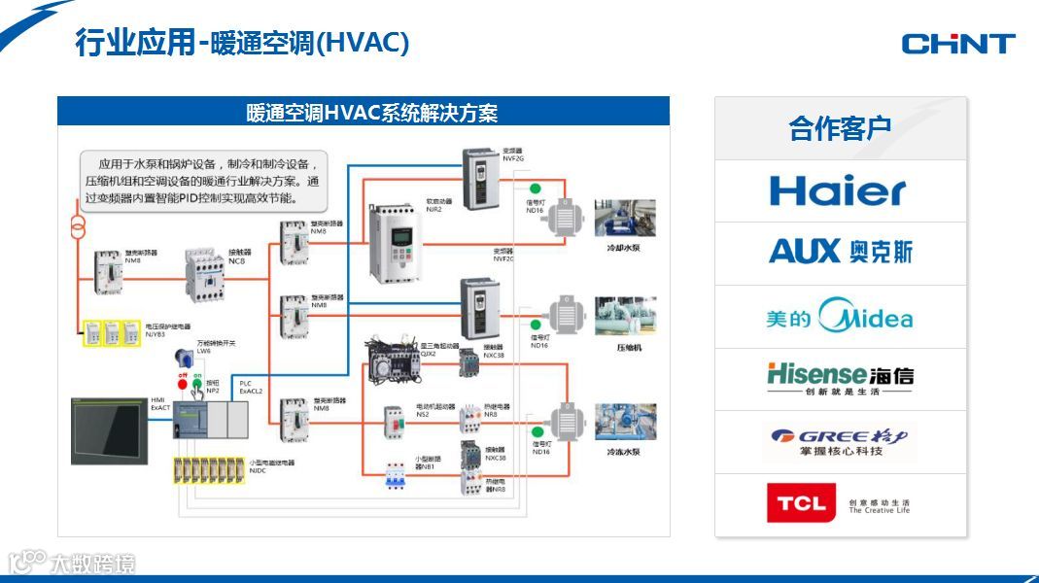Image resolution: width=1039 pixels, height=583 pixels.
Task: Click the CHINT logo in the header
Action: [x=957, y=43]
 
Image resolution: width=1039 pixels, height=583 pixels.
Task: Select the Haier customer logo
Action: [x=837, y=190]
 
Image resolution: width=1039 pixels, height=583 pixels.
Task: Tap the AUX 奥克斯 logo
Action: [x=841, y=252]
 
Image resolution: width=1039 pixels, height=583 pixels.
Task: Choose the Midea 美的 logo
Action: [x=840, y=317]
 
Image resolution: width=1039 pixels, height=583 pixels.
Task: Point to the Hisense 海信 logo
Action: [x=840, y=377]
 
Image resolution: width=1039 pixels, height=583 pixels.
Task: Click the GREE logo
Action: [x=840, y=441]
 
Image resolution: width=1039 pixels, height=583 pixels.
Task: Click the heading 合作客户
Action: [x=840, y=128]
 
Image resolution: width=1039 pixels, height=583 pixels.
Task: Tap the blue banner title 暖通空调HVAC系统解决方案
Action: [x=372, y=113]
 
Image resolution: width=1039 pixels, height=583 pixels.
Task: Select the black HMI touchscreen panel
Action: [x=108, y=429]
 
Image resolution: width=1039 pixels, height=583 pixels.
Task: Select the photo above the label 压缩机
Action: [x=625, y=316]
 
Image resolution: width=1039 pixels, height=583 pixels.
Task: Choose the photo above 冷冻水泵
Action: [x=625, y=423]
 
